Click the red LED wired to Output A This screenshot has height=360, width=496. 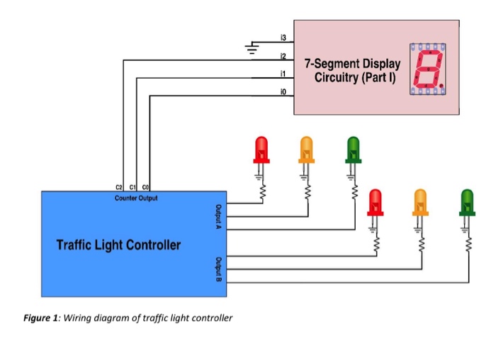261,150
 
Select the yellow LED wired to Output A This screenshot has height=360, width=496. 306,150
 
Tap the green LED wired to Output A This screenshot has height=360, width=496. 352,150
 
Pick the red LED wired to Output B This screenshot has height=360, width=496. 375,202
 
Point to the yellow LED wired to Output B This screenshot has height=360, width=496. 420,202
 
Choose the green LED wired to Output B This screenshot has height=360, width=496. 466,202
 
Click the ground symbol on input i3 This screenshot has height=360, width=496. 250,47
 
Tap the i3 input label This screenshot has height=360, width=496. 283,37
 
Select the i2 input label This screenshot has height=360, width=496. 283,55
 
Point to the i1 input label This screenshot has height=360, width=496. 283,73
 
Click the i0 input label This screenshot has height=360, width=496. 283,91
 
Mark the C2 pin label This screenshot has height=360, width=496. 118,186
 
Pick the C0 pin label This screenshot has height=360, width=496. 145,186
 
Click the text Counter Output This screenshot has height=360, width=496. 136,198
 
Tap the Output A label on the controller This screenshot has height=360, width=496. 219,216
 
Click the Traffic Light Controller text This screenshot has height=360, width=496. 118,245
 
